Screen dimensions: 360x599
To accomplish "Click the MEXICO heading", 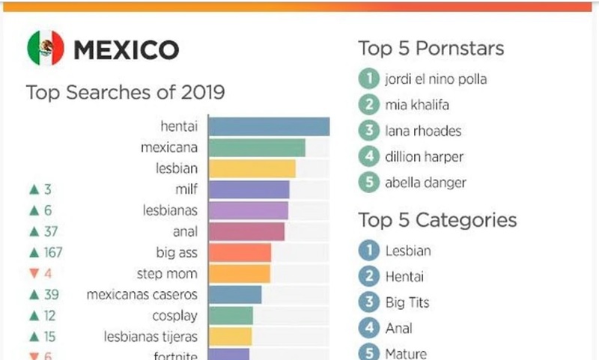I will tap(126, 49).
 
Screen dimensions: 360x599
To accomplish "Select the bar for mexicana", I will tap(256, 147).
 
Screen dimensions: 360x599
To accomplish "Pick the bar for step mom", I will tap(239, 273).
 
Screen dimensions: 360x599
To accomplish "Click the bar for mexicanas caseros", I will tap(234, 294).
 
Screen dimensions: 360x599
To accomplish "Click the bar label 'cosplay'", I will tap(174, 315).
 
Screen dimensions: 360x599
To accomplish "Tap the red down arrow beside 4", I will tap(33, 274).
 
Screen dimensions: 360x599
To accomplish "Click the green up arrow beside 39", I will tap(33, 295).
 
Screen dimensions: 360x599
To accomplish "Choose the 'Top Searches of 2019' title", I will tap(125, 93).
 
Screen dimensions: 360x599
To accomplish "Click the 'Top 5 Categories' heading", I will tap(437, 220).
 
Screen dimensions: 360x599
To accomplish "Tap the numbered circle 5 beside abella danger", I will tap(368, 183).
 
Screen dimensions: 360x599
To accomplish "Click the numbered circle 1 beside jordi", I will tap(368, 78).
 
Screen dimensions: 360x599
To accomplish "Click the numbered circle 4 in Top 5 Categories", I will tap(368, 327).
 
